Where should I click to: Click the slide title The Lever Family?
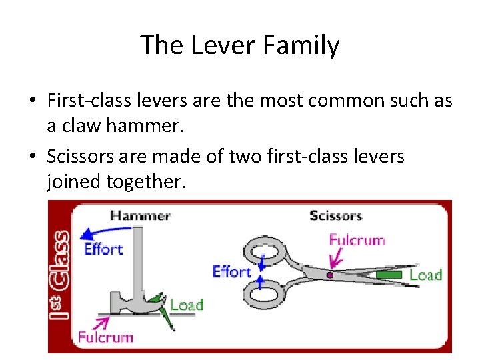tap(239, 45)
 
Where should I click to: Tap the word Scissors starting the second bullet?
tap(79, 157)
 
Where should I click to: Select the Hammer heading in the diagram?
tap(141, 215)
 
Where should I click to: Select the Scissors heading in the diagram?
tap(336, 215)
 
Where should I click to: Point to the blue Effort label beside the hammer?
tap(103, 249)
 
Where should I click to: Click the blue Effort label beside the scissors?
tap(231, 271)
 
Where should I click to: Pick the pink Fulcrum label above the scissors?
tap(357, 239)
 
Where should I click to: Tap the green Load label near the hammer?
tap(186, 305)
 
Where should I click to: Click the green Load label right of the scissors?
tap(425, 275)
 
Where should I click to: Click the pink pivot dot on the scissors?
tap(329, 274)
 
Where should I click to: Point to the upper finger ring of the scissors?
tap(265, 250)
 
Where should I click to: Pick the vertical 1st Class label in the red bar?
tap(60, 276)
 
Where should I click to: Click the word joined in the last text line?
tap(74, 180)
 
